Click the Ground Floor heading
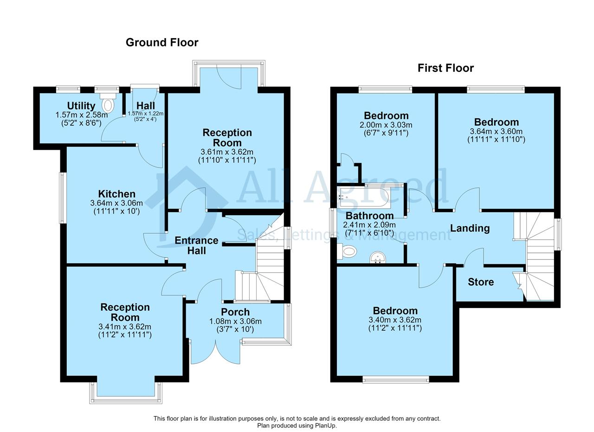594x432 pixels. point(162,42)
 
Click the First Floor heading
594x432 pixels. point(445,68)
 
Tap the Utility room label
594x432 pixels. point(81,106)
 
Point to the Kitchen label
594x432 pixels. point(116,194)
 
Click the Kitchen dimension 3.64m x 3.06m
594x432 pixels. point(116,203)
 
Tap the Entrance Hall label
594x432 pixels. point(196,245)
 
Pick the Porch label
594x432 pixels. point(235,312)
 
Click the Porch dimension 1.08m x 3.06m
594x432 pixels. point(235,322)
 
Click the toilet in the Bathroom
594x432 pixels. point(348,251)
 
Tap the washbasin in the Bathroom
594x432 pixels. point(378,258)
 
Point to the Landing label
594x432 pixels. point(470,228)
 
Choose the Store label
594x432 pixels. point(481,282)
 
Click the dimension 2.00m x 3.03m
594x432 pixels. point(386,125)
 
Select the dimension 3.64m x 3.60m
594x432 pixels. point(496,131)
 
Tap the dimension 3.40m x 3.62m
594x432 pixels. point(395,320)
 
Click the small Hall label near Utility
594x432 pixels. point(146,106)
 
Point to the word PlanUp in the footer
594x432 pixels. point(326,426)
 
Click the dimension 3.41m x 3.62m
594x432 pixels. point(125,327)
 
